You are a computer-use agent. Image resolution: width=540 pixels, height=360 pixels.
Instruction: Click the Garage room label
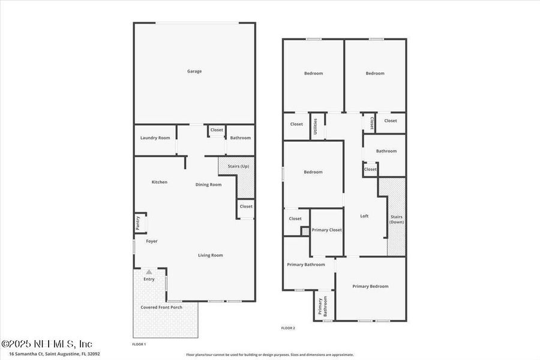(194, 71)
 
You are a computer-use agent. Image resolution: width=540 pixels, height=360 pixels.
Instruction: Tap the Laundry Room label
(155, 138)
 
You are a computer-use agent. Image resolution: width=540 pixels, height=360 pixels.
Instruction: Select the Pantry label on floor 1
(138, 223)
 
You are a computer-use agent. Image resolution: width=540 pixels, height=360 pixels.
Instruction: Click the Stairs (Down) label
(397, 219)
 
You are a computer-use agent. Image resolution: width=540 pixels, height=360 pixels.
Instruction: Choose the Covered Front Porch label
(161, 307)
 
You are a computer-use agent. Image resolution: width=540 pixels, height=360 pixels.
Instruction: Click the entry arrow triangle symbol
(149, 272)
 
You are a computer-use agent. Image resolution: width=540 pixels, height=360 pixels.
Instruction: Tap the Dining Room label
(208, 185)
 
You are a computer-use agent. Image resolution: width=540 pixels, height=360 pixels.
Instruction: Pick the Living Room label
(211, 255)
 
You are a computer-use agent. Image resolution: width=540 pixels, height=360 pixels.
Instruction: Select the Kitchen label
(159, 182)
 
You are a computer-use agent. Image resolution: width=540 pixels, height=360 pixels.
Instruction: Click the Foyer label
(152, 241)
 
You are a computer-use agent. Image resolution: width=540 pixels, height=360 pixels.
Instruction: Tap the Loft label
(364, 216)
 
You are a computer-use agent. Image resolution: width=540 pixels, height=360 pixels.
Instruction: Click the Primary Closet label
(327, 230)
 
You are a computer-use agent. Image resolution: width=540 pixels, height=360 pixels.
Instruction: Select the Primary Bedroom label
(370, 286)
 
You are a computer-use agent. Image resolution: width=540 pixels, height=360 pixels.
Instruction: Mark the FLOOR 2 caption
(288, 328)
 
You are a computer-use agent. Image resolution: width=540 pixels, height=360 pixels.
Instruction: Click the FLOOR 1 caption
(139, 344)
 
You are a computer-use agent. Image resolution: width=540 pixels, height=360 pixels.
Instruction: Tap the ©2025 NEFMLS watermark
(47, 344)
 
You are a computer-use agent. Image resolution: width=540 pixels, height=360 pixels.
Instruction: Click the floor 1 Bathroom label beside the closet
(241, 138)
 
